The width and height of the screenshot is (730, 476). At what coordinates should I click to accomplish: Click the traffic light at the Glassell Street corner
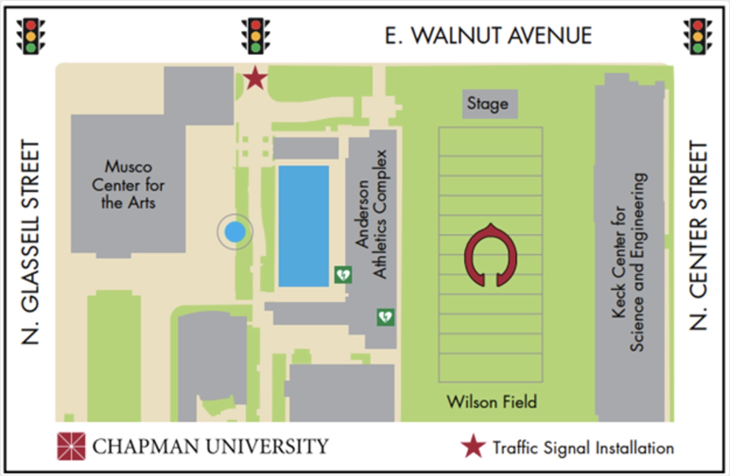pos(31,36)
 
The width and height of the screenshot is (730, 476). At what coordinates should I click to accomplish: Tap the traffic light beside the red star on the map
pos(256,36)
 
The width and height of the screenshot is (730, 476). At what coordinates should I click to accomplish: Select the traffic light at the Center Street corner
pos(698,36)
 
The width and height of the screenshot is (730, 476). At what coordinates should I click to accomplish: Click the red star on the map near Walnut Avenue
pos(255,78)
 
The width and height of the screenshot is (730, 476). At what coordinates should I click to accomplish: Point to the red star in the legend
pos(473,447)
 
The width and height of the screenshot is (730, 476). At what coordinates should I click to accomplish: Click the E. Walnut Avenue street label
pos(488,36)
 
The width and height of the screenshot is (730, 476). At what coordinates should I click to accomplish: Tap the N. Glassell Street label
pos(31,243)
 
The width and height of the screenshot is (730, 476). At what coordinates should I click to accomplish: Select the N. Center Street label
pos(699,235)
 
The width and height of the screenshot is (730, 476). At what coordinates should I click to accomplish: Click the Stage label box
pos(489,104)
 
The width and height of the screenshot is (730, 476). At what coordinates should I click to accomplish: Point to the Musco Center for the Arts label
pos(128,184)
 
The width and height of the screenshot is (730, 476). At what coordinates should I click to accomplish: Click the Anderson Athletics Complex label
pos(372,214)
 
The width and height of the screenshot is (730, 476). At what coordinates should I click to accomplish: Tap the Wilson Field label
pos(491,402)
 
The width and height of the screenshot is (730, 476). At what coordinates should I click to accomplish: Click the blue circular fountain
pos(235,232)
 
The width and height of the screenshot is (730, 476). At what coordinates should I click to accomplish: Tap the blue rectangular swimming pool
pos(304,226)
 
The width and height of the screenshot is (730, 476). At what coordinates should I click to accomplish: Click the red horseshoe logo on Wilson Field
pos(490,255)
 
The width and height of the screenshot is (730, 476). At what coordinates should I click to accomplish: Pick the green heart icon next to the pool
pos(343,275)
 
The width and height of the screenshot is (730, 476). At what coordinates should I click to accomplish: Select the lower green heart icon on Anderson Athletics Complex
pos(386,317)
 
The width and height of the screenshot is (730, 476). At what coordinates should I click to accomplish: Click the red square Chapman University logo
pos(71,446)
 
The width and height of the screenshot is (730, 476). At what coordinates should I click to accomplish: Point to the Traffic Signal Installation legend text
pos(583,448)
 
